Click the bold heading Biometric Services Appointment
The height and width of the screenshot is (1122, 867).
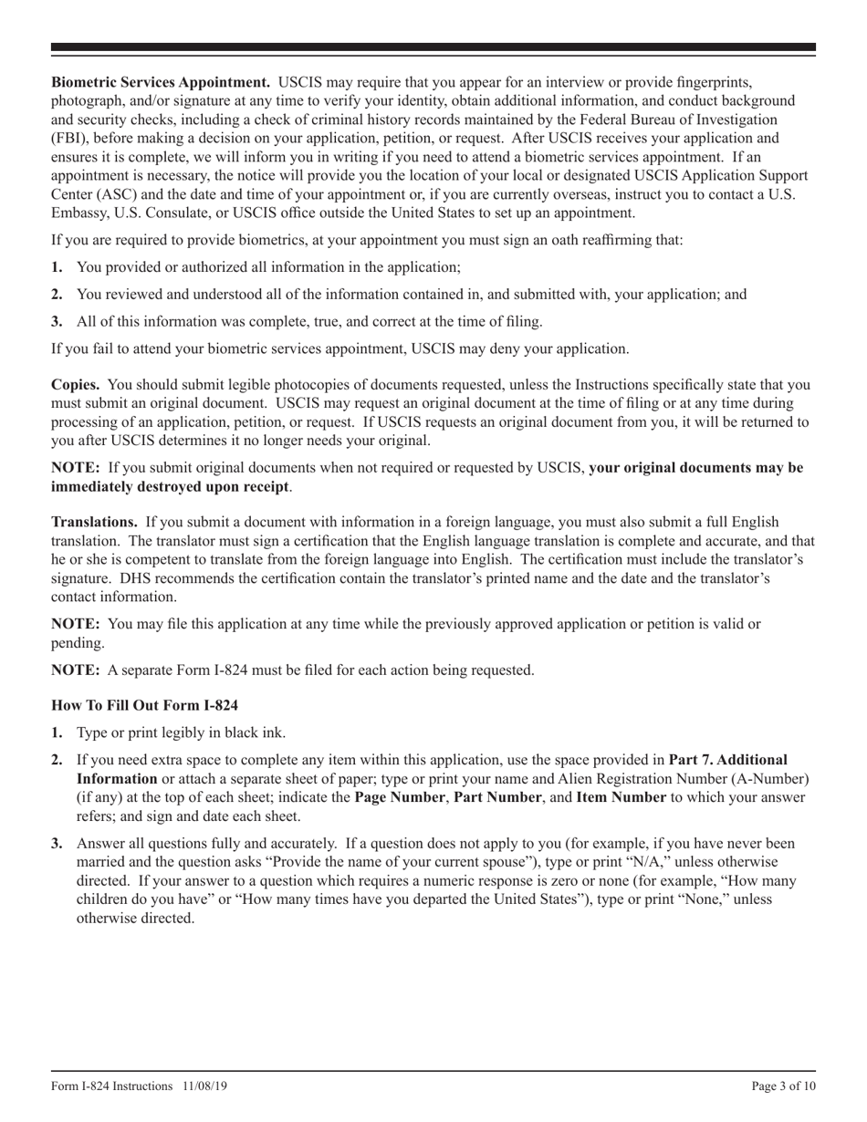(x=160, y=83)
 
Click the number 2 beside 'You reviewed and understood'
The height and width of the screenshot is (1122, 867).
(x=57, y=295)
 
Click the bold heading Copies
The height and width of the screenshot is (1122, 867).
(x=75, y=385)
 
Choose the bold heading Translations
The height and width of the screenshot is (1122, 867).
(x=94, y=522)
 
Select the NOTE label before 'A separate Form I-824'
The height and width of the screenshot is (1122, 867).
(x=75, y=670)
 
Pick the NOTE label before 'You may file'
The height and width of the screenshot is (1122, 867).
(x=75, y=624)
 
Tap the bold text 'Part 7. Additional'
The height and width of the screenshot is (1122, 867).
(x=728, y=759)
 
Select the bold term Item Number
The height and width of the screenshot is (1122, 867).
(x=621, y=796)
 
